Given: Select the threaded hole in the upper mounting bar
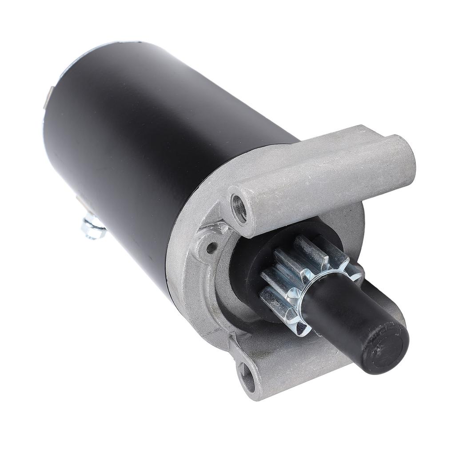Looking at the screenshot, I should [239, 209].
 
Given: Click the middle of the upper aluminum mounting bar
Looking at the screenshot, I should [324, 178].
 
